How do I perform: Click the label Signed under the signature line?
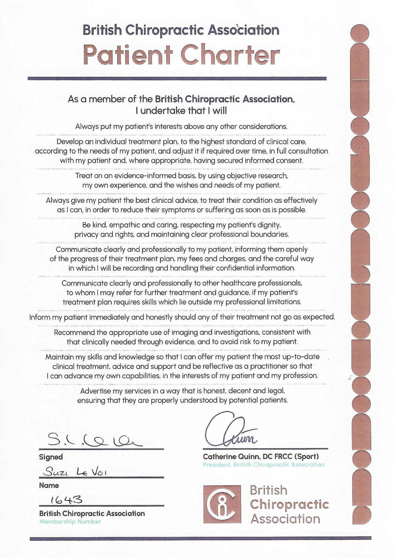(51, 457)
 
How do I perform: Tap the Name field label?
(49, 485)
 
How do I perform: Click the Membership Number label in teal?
(70, 522)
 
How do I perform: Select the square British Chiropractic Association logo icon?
(222, 504)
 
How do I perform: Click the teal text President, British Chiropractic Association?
(264, 465)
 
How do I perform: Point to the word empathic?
(115, 225)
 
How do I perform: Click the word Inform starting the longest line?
(39, 317)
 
